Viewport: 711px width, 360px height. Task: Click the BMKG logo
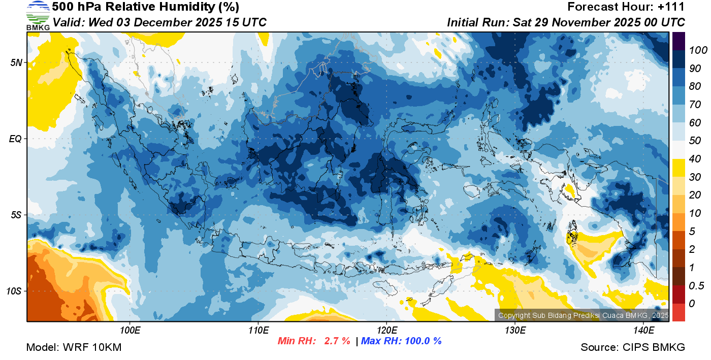(38, 15)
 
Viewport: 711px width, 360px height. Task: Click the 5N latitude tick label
(16, 62)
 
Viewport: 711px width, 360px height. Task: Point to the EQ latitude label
(16, 139)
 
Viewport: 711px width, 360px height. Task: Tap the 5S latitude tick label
(16, 215)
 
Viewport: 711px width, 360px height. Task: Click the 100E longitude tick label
(130, 331)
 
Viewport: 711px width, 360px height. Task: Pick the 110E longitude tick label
(258, 331)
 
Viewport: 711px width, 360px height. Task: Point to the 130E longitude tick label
(515, 331)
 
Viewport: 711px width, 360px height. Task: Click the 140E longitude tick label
(643, 331)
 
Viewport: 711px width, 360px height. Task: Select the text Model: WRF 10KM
(74, 347)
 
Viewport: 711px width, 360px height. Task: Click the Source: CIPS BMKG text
(633, 347)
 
